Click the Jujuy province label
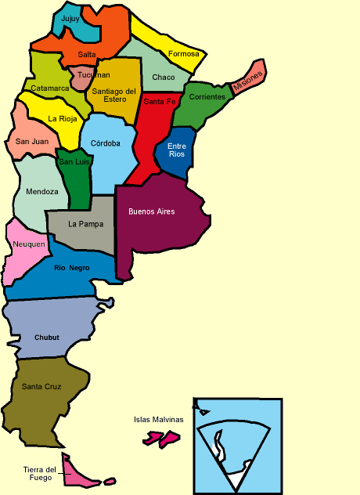pos(70,18)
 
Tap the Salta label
pos(87,54)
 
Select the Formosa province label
pos(184,54)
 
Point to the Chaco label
pos(164,78)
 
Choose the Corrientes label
pos(207,97)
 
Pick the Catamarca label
pos(50,89)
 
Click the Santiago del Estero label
pos(114,96)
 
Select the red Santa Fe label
pos(159,102)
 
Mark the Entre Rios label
pos(177,150)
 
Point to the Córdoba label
pos(106,143)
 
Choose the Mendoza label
pos(41,191)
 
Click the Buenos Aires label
pos(151,211)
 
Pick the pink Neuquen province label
pos(28,244)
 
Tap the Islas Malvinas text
pos(159,419)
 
